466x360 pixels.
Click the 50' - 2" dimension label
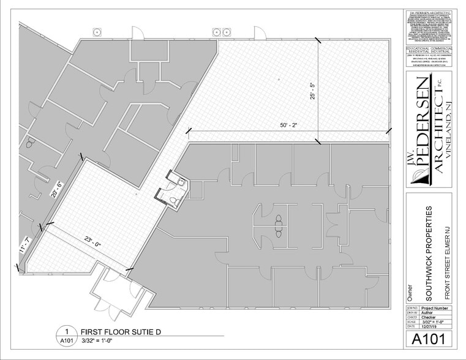(288, 125)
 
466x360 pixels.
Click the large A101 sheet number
(428, 338)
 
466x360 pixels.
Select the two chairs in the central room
(280, 225)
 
